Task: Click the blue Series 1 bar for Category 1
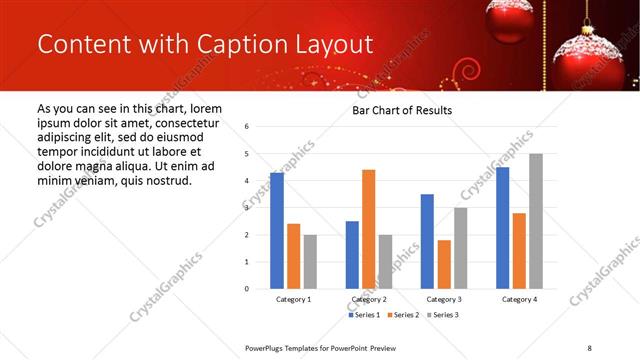point(277,231)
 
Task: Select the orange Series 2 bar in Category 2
point(368,229)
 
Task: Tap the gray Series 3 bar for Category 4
point(535,221)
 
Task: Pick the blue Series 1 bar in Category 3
point(427,241)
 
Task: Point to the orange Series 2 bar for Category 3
point(444,264)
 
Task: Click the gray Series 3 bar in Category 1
point(310,262)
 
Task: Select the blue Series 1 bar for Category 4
point(502,228)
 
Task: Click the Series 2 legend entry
point(402,315)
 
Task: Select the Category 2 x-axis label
point(368,299)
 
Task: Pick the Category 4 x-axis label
point(518,299)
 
